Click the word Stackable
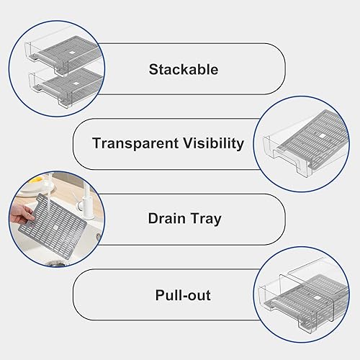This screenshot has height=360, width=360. pyautogui.click(x=183, y=70)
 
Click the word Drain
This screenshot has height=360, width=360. pyautogui.click(x=167, y=218)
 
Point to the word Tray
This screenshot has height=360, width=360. pyautogui.click(x=204, y=218)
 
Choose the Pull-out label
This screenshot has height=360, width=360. pyautogui.click(x=182, y=295)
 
